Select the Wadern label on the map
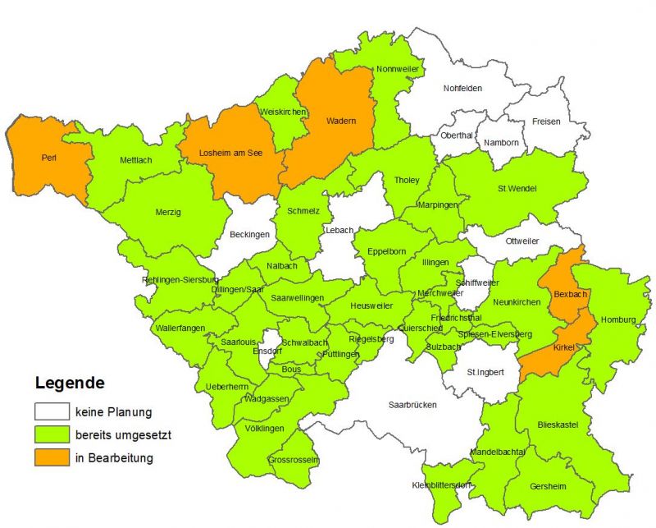[x=340, y=122]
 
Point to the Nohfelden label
[x=462, y=89]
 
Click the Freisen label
[x=546, y=122]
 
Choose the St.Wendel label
[x=517, y=189]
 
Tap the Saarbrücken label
[x=412, y=405]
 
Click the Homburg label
[x=619, y=320]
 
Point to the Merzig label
[x=168, y=212]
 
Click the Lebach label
[x=339, y=230]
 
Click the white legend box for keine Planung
[x=51, y=411]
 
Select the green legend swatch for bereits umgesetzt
[x=51, y=434]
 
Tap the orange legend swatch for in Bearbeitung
[x=51, y=457]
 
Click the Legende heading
[x=70, y=383]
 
